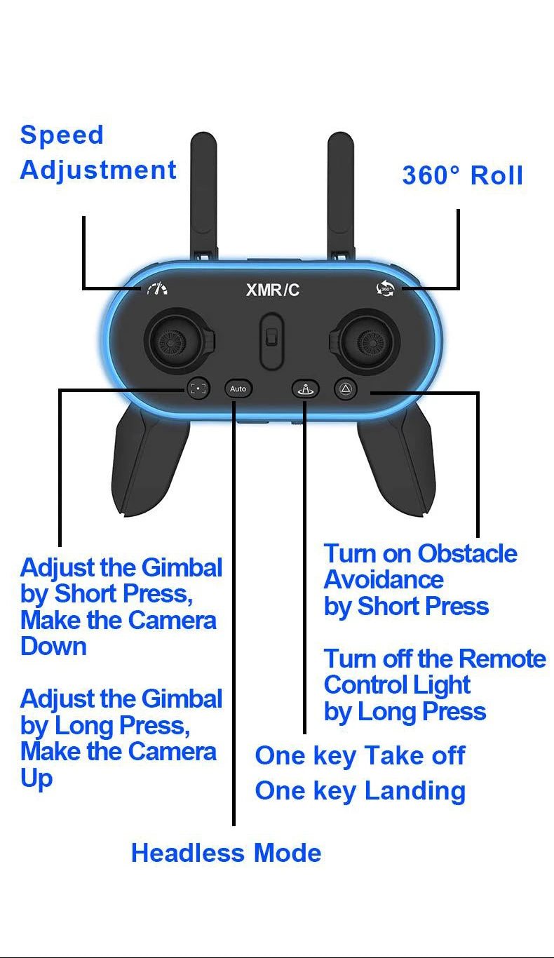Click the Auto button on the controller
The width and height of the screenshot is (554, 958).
[238, 388]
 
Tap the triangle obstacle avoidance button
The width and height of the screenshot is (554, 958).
[345, 388]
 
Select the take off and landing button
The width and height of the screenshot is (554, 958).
[306, 388]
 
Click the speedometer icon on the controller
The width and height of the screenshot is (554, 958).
[157, 288]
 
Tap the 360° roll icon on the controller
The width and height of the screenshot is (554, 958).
[385, 288]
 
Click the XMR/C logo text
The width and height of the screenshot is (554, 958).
[273, 290]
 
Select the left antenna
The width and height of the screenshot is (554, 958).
[203, 189]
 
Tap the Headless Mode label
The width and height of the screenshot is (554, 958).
[226, 853]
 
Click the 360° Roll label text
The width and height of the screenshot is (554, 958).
[462, 175]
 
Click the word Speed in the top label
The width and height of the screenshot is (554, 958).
[62, 135]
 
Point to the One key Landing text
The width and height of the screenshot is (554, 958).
[360, 790]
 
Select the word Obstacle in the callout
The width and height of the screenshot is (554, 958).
[467, 553]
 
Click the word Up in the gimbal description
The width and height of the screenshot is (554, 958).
[36, 778]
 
